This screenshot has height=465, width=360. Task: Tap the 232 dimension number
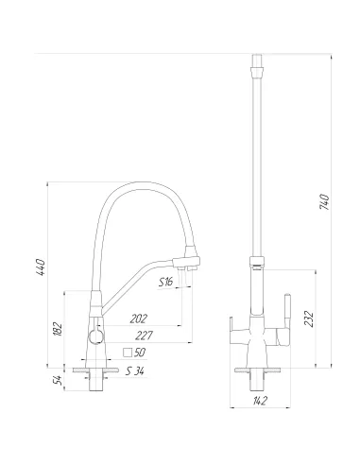(308, 318)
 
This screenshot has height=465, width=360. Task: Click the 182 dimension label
(58, 328)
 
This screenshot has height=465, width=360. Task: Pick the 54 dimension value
(58, 379)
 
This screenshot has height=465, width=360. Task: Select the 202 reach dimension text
(139, 318)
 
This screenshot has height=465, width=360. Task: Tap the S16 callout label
(165, 283)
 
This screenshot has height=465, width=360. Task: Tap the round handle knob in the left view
(93, 336)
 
